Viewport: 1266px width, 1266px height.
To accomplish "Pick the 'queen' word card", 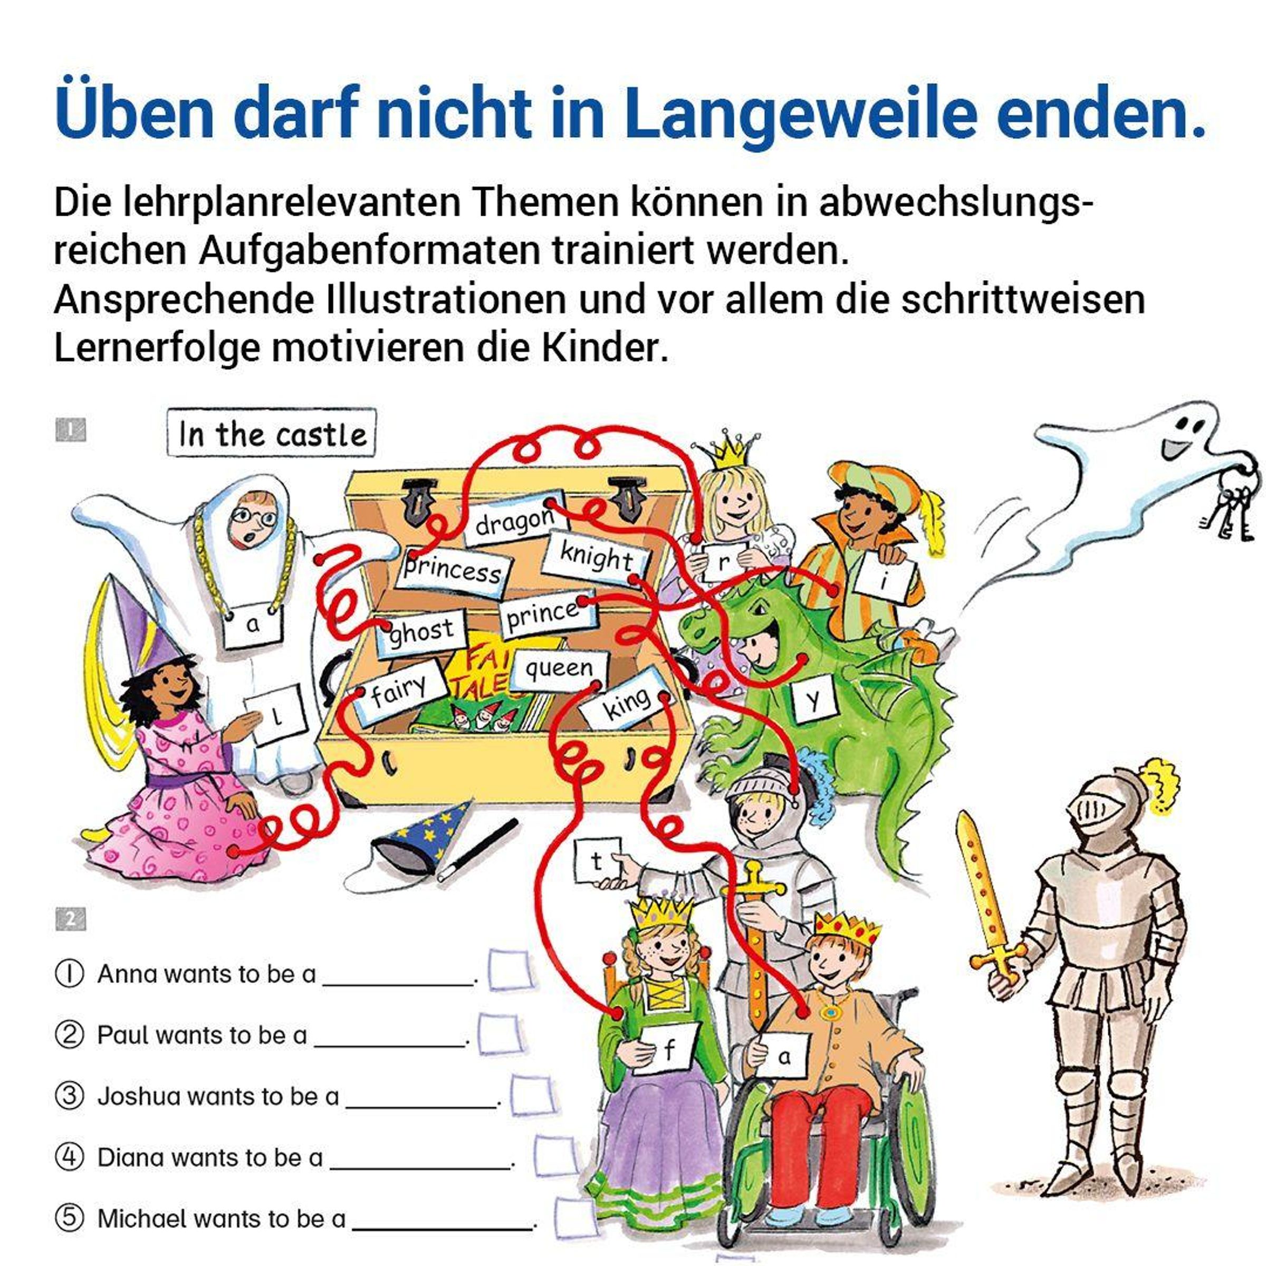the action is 559,669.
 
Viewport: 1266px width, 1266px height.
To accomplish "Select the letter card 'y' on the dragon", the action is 813,702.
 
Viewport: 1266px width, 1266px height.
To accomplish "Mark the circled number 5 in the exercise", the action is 70,1218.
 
